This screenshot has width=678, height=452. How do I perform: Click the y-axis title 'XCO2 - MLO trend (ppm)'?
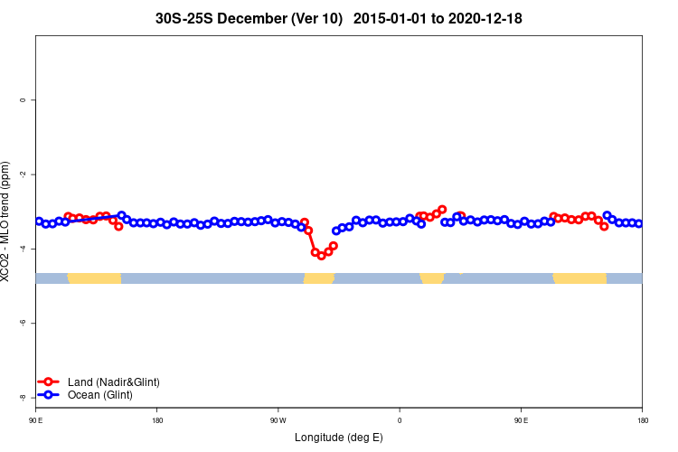(x=6, y=221)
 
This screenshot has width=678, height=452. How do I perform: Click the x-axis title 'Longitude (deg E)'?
(x=338, y=438)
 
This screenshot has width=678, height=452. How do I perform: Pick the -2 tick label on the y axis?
(x=22, y=174)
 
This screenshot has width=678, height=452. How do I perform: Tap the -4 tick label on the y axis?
(x=22, y=249)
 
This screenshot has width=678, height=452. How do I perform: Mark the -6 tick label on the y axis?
(x=22, y=323)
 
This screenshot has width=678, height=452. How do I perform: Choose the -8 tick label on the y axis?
(x=22, y=397)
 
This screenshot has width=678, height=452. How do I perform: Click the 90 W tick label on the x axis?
(x=278, y=420)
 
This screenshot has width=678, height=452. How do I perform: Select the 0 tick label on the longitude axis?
(x=400, y=420)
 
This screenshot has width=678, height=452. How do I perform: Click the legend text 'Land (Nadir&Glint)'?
(x=113, y=382)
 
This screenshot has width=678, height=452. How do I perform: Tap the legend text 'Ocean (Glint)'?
(x=99, y=395)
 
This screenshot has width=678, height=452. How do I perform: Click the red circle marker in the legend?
(x=50, y=382)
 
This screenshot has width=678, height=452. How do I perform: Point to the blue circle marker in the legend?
(x=50, y=395)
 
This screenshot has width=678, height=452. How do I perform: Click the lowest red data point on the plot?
(x=321, y=256)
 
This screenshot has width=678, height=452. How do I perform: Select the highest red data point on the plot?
(x=442, y=210)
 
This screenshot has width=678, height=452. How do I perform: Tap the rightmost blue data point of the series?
(x=638, y=223)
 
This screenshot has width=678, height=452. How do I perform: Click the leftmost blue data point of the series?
(x=39, y=221)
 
